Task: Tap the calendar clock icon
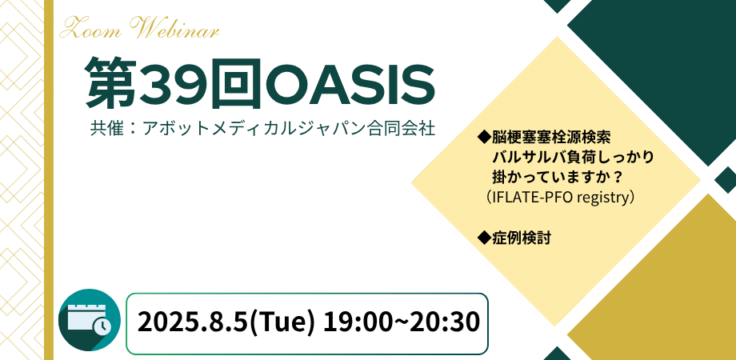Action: coord(90,320)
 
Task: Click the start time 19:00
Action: coord(346,322)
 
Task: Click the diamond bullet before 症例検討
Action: coord(483,237)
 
